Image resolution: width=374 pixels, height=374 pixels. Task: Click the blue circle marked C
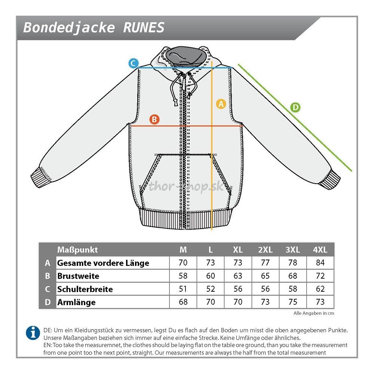click(134, 63)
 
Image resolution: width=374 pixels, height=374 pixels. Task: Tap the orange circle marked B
click(154, 120)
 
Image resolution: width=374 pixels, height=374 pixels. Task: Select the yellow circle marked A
click(221, 104)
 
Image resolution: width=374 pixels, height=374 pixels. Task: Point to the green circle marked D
click(295, 108)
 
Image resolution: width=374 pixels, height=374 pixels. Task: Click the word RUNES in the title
click(144, 28)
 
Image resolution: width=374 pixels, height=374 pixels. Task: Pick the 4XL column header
click(320, 250)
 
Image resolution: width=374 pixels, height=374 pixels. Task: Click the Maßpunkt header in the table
click(77, 250)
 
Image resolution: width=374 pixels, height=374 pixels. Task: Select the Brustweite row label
click(78, 276)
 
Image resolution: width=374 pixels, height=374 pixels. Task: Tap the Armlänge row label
click(76, 302)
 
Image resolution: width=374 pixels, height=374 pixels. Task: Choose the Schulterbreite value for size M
click(183, 289)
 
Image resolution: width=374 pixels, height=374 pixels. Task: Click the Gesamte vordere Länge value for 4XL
click(320, 263)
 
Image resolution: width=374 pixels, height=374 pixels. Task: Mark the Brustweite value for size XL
click(238, 276)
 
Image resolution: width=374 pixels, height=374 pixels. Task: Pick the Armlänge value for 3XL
click(293, 302)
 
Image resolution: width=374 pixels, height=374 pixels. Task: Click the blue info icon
click(33, 332)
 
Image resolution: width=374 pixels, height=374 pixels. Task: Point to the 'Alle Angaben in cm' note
click(313, 313)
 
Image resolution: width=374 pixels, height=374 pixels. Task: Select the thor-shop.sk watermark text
click(186, 186)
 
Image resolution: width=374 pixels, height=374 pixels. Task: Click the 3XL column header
click(293, 250)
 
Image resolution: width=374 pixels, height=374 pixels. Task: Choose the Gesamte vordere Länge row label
click(103, 263)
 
